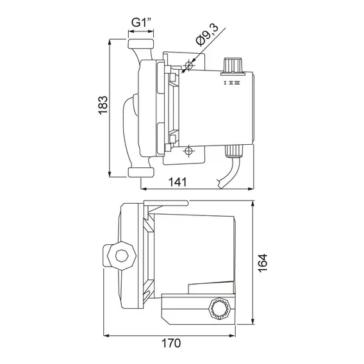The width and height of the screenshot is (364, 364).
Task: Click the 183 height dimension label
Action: pyautogui.click(x=103, y=105)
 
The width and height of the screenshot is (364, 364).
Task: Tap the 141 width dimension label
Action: pyautogui.click(x=178, y=182)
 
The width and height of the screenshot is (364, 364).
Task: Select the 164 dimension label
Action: pyautogui.click(x=263, y=263)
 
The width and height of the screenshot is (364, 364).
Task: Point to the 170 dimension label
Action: pyautogui.click(x=171, y=343)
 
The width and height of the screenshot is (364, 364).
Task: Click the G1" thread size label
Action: pyautogui.click(x=141, y=22)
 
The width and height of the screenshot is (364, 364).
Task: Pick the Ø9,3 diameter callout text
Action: pyautogui.click(x=207, y=35)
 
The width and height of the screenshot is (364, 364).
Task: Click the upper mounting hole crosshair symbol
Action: pyautogui.click(x=189, y=65)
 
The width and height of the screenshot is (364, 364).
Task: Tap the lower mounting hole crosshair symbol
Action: pyautogui.click(x=189, y=151)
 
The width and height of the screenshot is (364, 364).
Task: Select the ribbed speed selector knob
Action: pyautogui.click(x=233, y=67)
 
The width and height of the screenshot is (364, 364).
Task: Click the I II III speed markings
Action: pyautogui.click(x=232, y=83)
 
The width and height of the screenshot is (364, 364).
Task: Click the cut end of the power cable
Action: pyautogui.click(x=220, y=184)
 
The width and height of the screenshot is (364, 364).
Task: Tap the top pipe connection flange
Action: pyautogui.click(x=141, y=44)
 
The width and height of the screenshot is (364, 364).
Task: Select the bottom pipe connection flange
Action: pyautogui.click(x=141, y=172)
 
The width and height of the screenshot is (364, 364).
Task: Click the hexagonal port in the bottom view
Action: pyautogui.click(x=122, y=256)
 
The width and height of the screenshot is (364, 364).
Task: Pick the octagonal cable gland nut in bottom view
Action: pyautogui.click(x=219, y=309)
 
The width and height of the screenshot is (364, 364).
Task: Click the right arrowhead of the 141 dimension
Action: pyautogui.click(x=251, y=189)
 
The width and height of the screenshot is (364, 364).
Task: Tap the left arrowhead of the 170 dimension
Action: pyautogui.click(x=106, y=335)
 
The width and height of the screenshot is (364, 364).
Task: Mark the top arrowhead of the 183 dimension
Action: pyautogui.click(x=110, y=42)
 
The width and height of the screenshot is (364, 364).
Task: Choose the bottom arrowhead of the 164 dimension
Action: pyautogui.click(x=253, y=322)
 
